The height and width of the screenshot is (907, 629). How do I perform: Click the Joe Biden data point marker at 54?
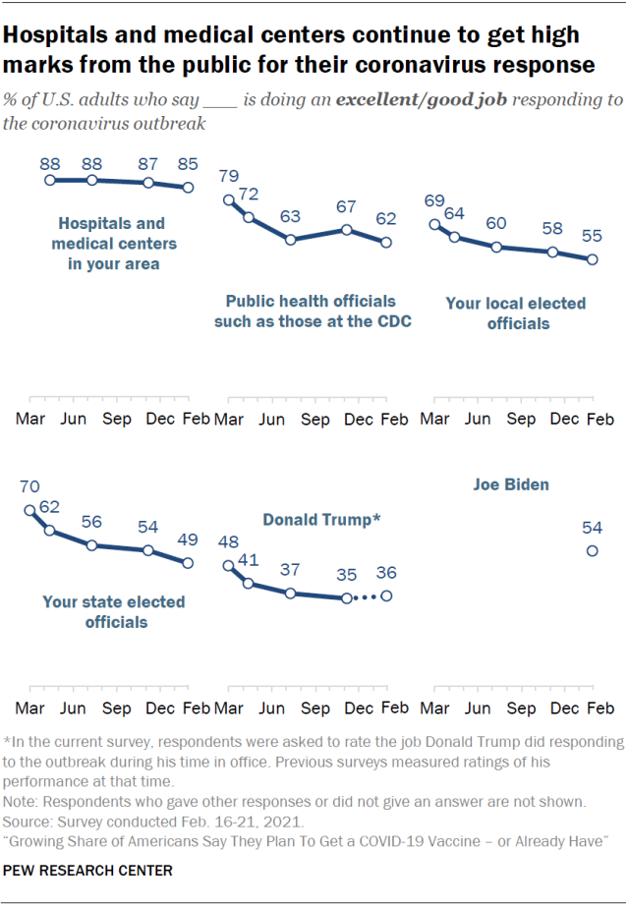[x=592, y=551]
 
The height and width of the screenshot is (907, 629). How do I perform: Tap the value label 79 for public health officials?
[x=228, y=177]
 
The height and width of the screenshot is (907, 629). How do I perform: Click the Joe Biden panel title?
[x=511, y=484]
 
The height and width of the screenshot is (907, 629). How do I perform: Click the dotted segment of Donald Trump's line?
[x=366, y=597]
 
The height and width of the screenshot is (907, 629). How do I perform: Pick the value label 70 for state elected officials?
[x=30, y=485]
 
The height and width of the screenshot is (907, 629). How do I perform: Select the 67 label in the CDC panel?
[x=345, y=206]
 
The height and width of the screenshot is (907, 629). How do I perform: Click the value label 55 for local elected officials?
[x=592, y=237]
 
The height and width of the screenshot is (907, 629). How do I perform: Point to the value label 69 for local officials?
[x=433, y=201]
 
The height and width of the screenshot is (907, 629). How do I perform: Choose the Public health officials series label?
[x=311, y=312]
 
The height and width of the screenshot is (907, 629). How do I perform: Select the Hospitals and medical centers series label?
[x=111, y=244]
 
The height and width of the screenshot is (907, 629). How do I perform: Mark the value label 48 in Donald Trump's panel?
[x=228, y=542]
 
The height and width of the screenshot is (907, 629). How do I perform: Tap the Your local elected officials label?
[x=516, y=312]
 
